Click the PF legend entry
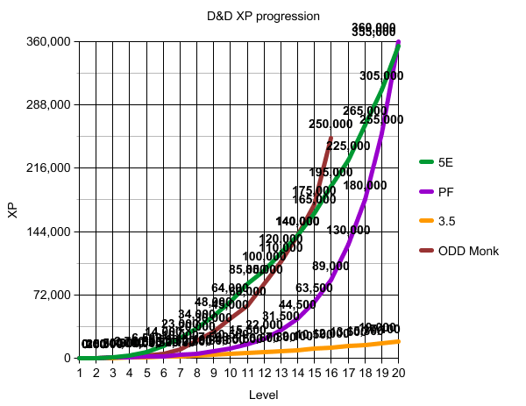(x=443, y=192)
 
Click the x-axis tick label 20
(x=399, y=374)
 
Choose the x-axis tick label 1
(x=79, y=374)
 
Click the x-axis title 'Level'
(x=263, y=395)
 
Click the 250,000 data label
(x=331, y=125)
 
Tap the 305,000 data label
(x=381, y=76)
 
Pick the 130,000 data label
(x=348, y=230)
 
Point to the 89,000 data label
(x=331, y=266)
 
